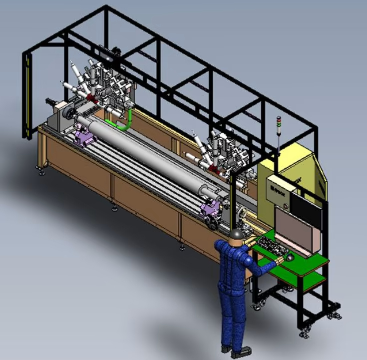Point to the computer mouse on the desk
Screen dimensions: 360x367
click(x=290, y=257)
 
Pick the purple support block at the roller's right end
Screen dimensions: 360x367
click(x=209, y=210)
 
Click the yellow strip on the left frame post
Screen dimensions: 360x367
click(x=27, y=95)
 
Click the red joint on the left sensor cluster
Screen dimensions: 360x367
click(x=91, y=97)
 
